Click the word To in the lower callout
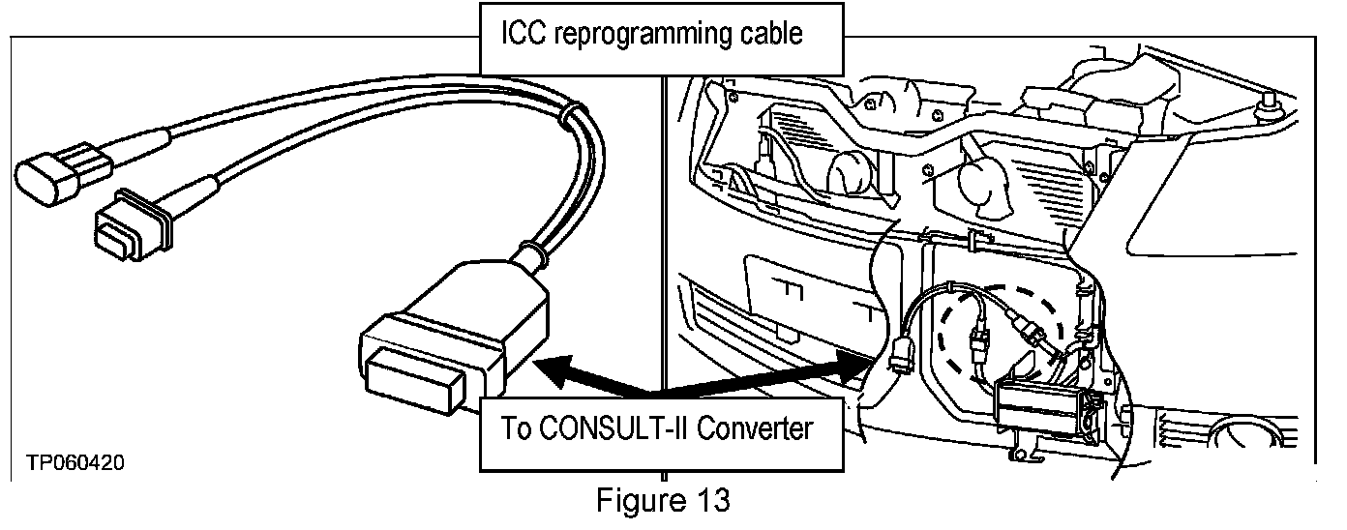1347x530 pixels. tap(518, 427)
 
